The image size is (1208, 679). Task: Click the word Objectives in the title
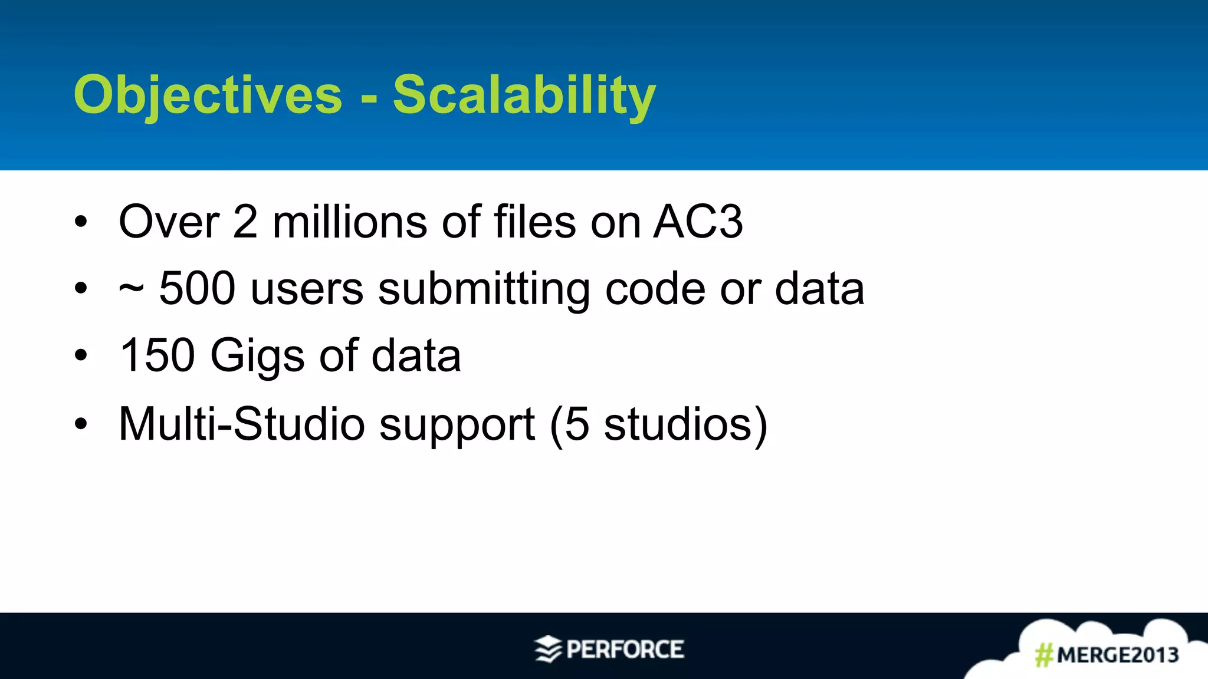[208, 95]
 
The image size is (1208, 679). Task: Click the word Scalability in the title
[524, 95]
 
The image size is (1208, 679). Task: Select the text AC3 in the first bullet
[698, 222]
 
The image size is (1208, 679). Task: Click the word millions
[349, 222]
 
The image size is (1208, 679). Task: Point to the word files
[534, 222]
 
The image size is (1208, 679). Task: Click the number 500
[198, 288]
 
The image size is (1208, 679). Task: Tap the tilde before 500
[131, 289]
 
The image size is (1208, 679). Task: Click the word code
[655, 289]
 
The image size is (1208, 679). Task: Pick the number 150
[157, 355]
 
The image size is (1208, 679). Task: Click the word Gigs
[258, 357]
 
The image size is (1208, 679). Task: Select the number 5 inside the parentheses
[577, 424]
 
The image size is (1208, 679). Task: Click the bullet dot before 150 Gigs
[81, 355]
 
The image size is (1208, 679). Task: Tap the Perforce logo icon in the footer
[548, 649]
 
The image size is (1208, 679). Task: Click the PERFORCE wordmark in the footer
[625, 650]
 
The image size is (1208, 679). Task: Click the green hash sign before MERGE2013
[1044, 655]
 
